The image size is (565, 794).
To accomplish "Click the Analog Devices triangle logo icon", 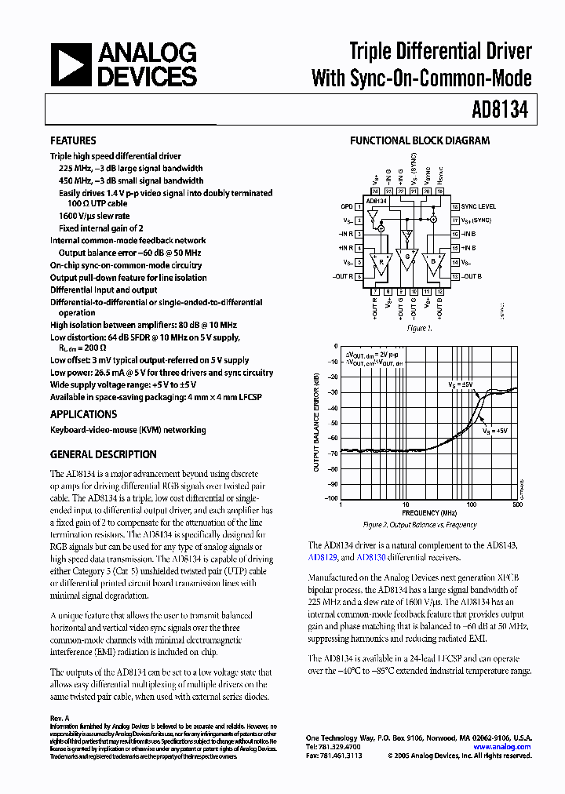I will pos(71,64).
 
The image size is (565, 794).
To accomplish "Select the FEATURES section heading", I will pos(73,140).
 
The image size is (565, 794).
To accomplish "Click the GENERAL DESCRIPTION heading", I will pos(103,454).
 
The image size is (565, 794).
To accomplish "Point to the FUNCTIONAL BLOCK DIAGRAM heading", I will pos(419,141).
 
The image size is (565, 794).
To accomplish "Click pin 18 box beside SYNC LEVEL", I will pos(454,206).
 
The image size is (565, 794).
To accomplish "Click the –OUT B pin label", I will pos(472,276).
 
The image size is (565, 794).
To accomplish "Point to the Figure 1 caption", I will pos(420,328).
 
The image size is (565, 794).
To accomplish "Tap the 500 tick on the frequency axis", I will pos(517,505).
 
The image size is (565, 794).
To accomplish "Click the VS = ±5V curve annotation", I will pos(461,384).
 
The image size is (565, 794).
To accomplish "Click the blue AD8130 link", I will pos(370,558).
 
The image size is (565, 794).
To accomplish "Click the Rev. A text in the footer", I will pos(60,718).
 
